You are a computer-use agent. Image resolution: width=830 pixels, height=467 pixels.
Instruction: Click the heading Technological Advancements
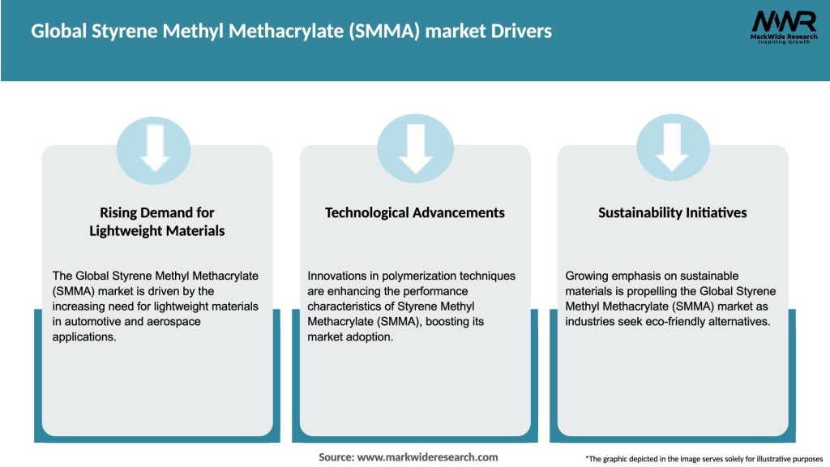[x=414, y=212]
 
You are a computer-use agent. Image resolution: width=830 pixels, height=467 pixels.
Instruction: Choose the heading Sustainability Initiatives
[x=672, y=212]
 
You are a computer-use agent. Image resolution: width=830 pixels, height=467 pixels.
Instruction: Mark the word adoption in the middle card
[x=372, y=336]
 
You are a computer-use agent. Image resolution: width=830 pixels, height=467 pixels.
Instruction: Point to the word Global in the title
[x=58, y=32]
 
